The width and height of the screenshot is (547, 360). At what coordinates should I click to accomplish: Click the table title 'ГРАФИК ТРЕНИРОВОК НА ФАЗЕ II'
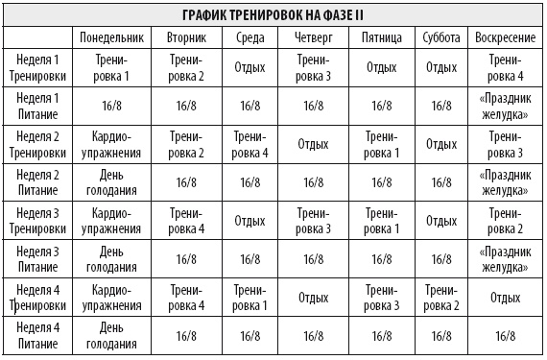click(x=273, y=15)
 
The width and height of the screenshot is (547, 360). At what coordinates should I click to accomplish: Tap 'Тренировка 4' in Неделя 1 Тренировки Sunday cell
click(x=505, y=67)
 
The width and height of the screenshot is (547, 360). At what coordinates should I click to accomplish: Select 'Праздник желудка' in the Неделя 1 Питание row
click(x=505, y=106)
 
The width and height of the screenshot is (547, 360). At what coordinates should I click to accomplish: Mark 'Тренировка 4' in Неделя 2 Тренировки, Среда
click(x=250, y=144)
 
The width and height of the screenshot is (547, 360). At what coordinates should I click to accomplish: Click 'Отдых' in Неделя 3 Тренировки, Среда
click(x=250, y=221)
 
